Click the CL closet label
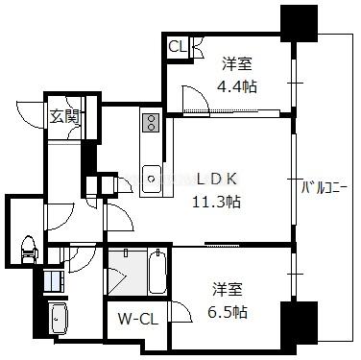click(x=178, y=47)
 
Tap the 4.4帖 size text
click(x=237, y=86)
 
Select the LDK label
click(x=217, y=180)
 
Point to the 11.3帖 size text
click(x=216, y=202)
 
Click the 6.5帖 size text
click(x=228, y=312)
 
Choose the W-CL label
click(x=138, y=319)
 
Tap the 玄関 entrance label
click(x=64, y=117)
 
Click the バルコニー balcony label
click(x=325, y=188)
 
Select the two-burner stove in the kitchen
click(x=151, y=123)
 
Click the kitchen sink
click(x=152, y=179)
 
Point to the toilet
click(x=29, y=250)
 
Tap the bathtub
click(x=157, y=272)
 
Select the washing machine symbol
click(x=54, y=281)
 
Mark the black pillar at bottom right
click(x=300, y=325)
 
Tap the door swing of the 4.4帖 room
click(x=196, y=99)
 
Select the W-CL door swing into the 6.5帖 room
click(x=181, y=311)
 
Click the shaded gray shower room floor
click(x=128, y=273)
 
